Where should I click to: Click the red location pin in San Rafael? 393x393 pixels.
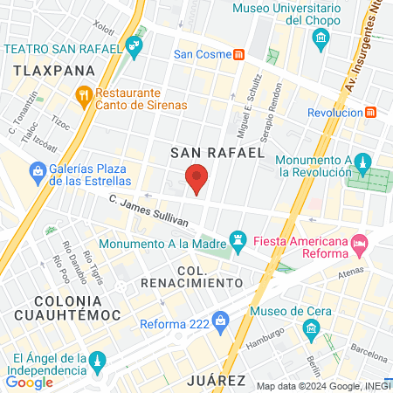[x=197, y=179]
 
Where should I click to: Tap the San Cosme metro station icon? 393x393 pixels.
[x=238, y=54]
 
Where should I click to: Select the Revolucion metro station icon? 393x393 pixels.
[x=371, y=113]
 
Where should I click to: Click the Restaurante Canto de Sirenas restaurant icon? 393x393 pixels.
[x=84, y=94]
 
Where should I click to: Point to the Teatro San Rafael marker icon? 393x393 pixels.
[x=134, y=46]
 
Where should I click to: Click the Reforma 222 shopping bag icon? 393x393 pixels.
[x=222, y=325]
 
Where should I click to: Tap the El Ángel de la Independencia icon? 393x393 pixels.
[x=99, y=361]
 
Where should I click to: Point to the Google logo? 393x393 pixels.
[x=29, y=382]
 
